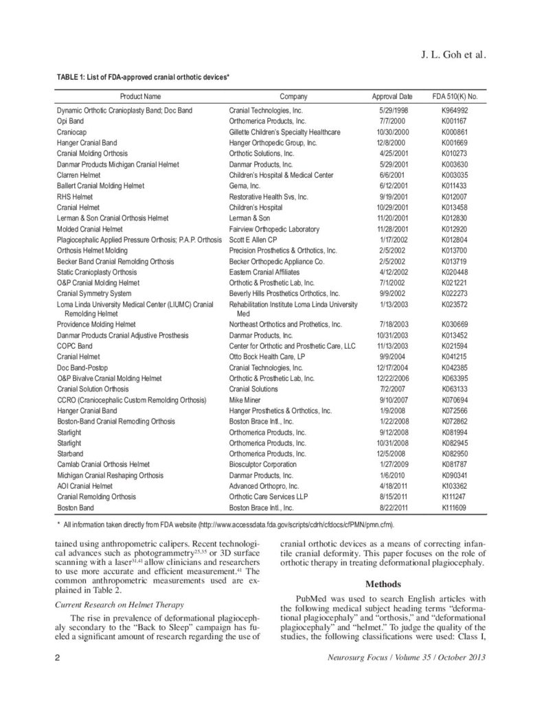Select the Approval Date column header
[x=392, y=97]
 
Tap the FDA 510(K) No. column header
[x=454, y=97]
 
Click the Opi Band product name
[x=69, y=121]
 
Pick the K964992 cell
[x=454, y=110]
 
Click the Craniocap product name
[x=71, y=132]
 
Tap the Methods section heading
[x=384, y=584]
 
